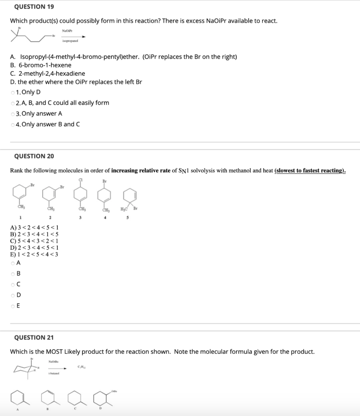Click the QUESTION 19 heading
pyautogui.click(x=34, y=7)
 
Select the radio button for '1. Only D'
pyautogui.click(x=13, y=92)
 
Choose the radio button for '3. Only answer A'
pyautogui.click(x=13, y=114)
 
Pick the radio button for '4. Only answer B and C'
pyautogui.click(x=13, y=124)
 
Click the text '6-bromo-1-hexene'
pyautogui.click(x=45, y=65)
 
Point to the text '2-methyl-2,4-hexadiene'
pyautogui.click(x=52, y=74)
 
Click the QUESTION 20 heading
pyautogui.click(x=34, y=156)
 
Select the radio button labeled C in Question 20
pyautogui.click(x=13, y=284)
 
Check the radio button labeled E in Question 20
pyautogui.click(x=13, y=306)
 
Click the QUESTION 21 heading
pyautogui.click(x=34, y=338)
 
